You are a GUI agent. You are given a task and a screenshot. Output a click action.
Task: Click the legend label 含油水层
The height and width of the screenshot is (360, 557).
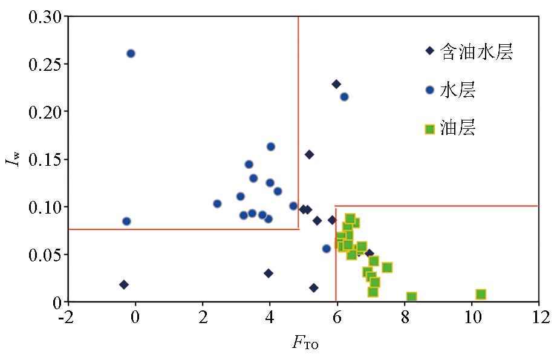477,52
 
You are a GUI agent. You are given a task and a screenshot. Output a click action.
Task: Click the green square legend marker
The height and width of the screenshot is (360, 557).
430,129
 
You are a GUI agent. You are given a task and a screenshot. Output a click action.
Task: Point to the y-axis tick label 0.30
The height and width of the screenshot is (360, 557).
45,16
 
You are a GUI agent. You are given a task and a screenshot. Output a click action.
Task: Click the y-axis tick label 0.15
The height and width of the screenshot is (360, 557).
45,159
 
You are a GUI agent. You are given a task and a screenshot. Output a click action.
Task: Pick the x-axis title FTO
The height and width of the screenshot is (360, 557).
305,344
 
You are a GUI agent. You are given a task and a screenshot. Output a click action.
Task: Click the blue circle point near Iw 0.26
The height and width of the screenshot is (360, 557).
131,53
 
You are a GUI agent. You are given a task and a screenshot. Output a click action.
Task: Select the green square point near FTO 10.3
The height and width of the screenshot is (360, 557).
481,295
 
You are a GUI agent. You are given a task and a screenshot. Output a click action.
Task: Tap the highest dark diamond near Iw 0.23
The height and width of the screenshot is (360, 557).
336,84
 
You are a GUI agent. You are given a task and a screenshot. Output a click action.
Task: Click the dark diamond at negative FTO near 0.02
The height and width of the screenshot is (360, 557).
124,284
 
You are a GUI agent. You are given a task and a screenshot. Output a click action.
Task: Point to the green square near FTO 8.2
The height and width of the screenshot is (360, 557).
411,297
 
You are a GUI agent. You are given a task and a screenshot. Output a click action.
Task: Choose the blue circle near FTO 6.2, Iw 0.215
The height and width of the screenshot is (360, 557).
344,97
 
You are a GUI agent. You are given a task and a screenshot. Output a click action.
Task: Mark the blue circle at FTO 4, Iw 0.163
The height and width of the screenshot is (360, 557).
271,146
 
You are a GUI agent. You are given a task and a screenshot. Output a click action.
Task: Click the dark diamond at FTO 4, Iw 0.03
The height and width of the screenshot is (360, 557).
269,273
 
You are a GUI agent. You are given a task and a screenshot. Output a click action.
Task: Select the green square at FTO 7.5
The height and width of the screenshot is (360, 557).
387,267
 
